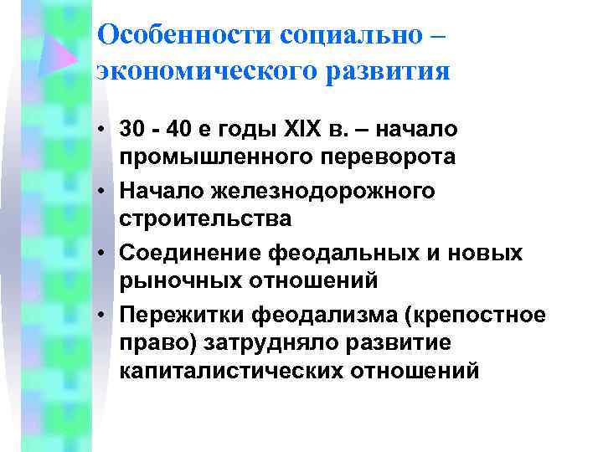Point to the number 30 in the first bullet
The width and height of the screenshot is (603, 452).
pos(132,131)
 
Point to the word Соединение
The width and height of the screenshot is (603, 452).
pos(191,253)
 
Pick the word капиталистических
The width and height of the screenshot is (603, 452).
pos(230,368)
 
